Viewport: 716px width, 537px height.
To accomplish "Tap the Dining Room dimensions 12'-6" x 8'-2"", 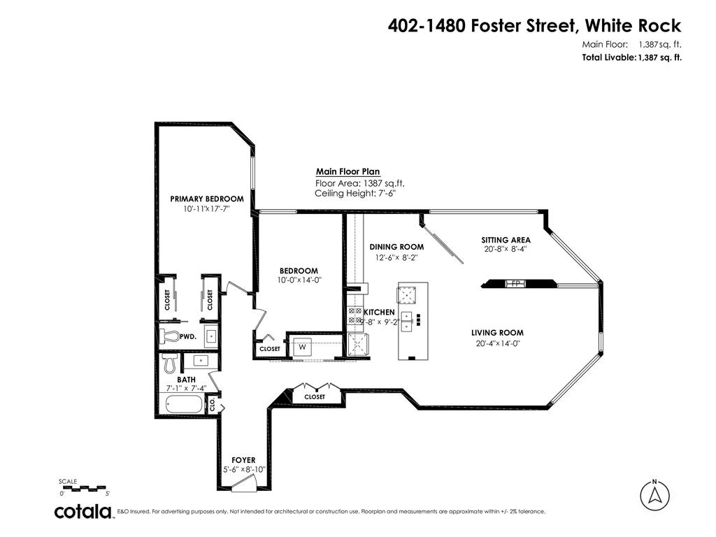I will pyautogui.click(x=396, y=257).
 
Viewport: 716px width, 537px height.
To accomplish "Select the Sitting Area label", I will pyautogui.click(x=506, y=240).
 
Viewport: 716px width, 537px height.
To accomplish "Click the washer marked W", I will pyautogui.click(x=303, y=346).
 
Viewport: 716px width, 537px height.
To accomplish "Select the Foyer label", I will pyautogui.click(x=243, y=459).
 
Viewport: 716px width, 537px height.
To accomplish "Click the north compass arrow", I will pyautogui.click(x=655, y=496).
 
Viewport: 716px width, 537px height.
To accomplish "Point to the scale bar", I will pyautogui.click(x=82, y=487).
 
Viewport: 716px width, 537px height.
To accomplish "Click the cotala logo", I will pyautogui.click(x=84, y=512).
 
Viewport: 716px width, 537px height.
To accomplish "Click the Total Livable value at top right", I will pyautogui.click(x=659, y=58).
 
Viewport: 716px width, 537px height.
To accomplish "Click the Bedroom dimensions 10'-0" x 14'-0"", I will pyautogui.click(x=299, y=280).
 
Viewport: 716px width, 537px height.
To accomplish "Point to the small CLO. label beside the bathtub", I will pyautogui.click(x=213, y=403).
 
